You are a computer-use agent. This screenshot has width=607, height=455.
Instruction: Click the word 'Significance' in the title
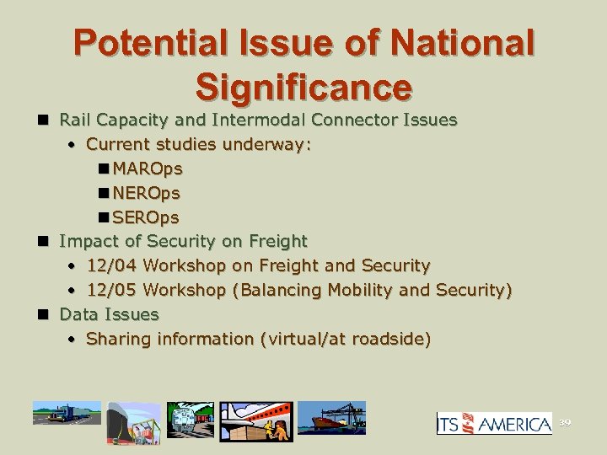303,86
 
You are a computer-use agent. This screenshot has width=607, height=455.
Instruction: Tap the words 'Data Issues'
109,314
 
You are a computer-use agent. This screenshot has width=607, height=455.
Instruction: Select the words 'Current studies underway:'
199,144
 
